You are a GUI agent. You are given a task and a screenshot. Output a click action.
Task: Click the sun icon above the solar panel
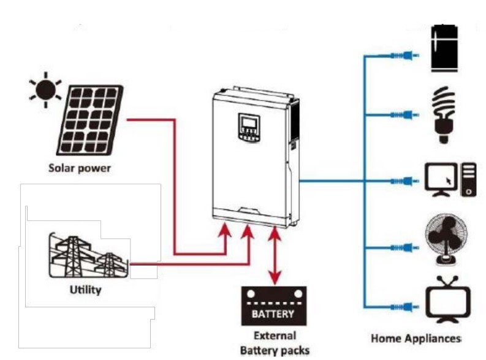[x=45, y=89]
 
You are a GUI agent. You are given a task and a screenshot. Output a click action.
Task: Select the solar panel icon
[x=91, y=120]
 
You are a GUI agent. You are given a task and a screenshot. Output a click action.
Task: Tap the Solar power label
[x=80, y=168]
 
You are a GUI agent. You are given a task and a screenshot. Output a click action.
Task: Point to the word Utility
[x=85, y=290]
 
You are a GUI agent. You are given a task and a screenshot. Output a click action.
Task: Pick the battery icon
[x=273, y=308]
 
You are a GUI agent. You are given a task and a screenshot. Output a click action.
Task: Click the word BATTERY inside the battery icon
[x=273, y=314]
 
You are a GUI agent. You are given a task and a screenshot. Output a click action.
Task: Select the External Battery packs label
[x=273, y=343]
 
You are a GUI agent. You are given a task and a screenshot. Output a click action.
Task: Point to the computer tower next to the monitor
[x=468, y=179]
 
